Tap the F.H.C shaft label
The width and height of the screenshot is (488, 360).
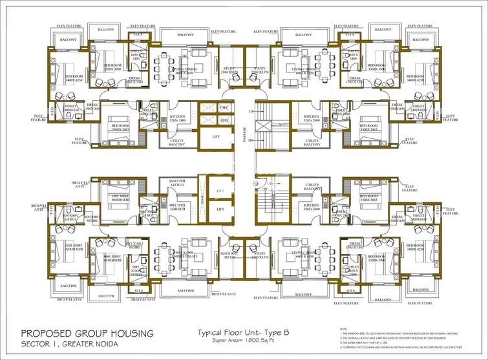point(225,107)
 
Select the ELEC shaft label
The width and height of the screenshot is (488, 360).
point(225,120)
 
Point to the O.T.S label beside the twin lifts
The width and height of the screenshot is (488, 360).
point(202,197)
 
